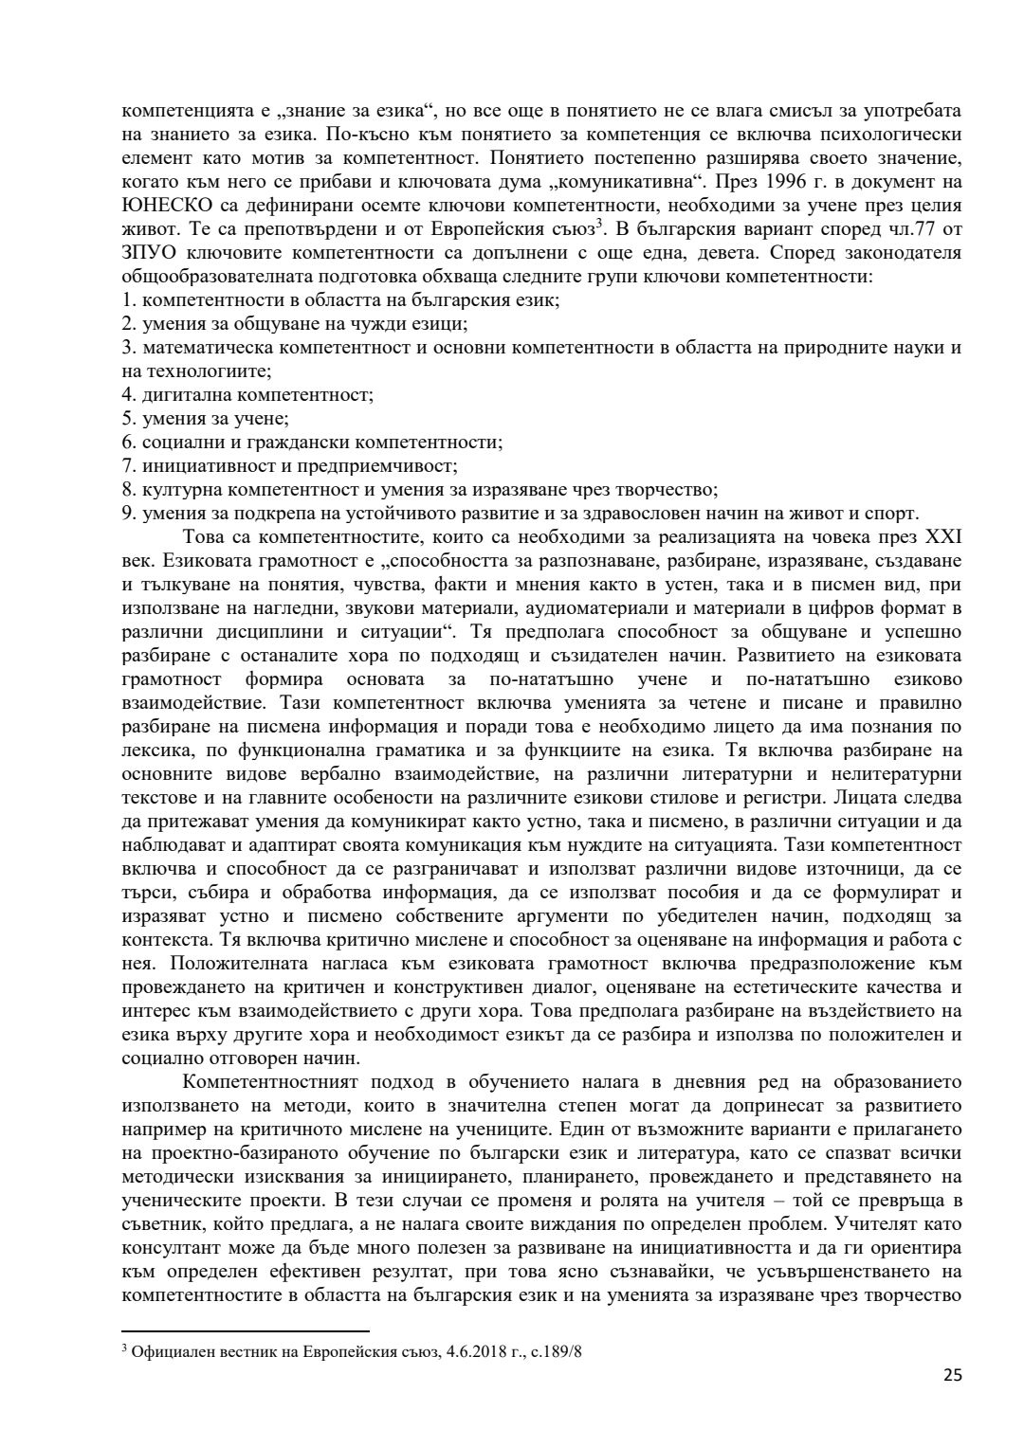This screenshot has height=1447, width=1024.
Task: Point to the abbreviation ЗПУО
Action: click(149, 253)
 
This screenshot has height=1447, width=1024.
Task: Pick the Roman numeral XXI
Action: click(942, 537)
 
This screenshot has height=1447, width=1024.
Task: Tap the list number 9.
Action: click(129, 514)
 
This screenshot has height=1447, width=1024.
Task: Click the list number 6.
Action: click(129, 443)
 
